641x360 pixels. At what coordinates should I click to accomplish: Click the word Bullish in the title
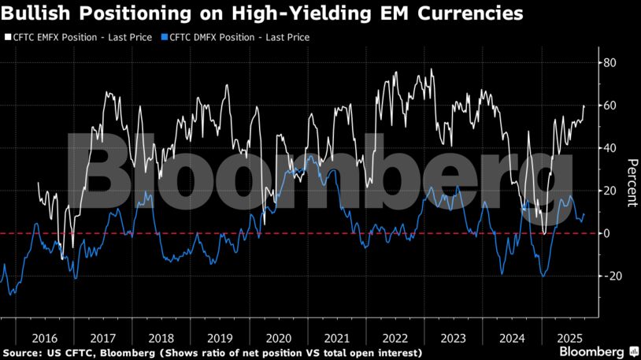click(x=31, y=13)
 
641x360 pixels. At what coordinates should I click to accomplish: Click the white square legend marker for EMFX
click(x=7, y=37)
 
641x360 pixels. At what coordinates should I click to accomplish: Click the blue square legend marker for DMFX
click(x=164, y=37)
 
